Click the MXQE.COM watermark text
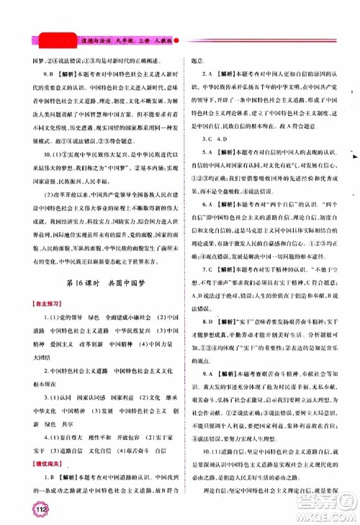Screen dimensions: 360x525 328,515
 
